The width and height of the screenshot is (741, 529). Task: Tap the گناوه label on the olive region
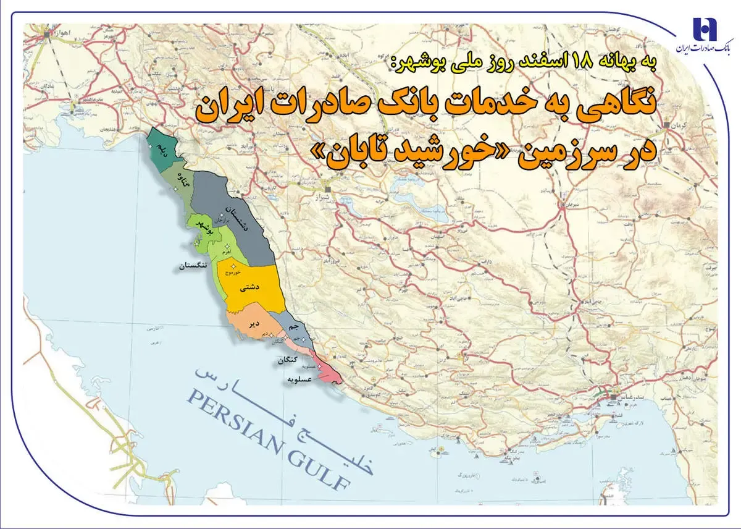click(x=183, y=179)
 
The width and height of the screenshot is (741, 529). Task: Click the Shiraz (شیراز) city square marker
click(x=329, y=188)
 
